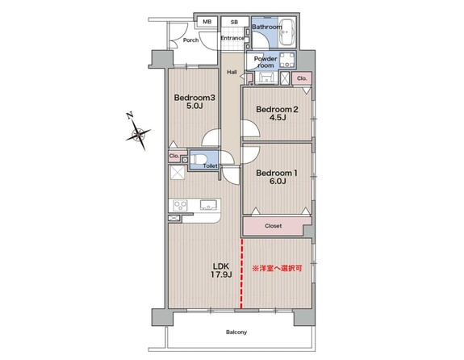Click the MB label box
click(x=207, y=22)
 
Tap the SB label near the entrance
click(x=234, y=22)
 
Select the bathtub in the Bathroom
click(x=287, y=32)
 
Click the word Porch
click(x=190, y=40)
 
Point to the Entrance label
click(x=232, y=38)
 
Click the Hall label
click(x=232, y=72)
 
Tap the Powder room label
click(x=265, y=62)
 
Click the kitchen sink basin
click(x=208, y=205)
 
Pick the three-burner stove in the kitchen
click(x=180, y=205)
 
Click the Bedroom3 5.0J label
click(x=194, y=102)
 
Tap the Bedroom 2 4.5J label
click(x=277, y=113)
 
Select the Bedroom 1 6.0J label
click(x=277, y=177)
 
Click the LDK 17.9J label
click(x=221, y=270)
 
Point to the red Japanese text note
click(x=277, y=269)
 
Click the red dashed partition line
click(x=242, y=274)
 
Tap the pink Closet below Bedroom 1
click(x=274, y=226)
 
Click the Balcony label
click(x=236, y=333)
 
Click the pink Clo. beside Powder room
click(x=302, y=78)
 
